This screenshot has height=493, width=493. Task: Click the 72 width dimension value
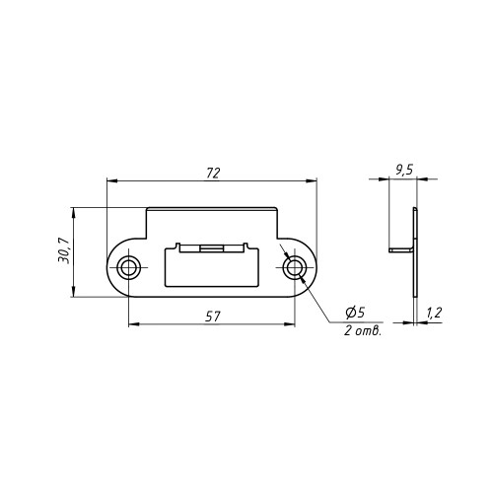pos(213,174)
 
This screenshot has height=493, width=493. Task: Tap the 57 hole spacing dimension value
pos(213,317)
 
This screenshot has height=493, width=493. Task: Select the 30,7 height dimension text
pos(63,250)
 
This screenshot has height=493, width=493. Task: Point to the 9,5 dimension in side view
pos(404,171)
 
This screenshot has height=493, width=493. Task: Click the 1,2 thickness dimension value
pos(434,313)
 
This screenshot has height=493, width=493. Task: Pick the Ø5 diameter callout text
pos(355,313)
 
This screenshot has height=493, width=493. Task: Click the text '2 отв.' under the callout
pos(363,330)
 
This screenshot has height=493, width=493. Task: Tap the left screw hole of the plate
pos(128,268)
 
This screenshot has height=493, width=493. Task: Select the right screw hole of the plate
pos(295,268)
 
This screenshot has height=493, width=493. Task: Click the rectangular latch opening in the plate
pos(211,267)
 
